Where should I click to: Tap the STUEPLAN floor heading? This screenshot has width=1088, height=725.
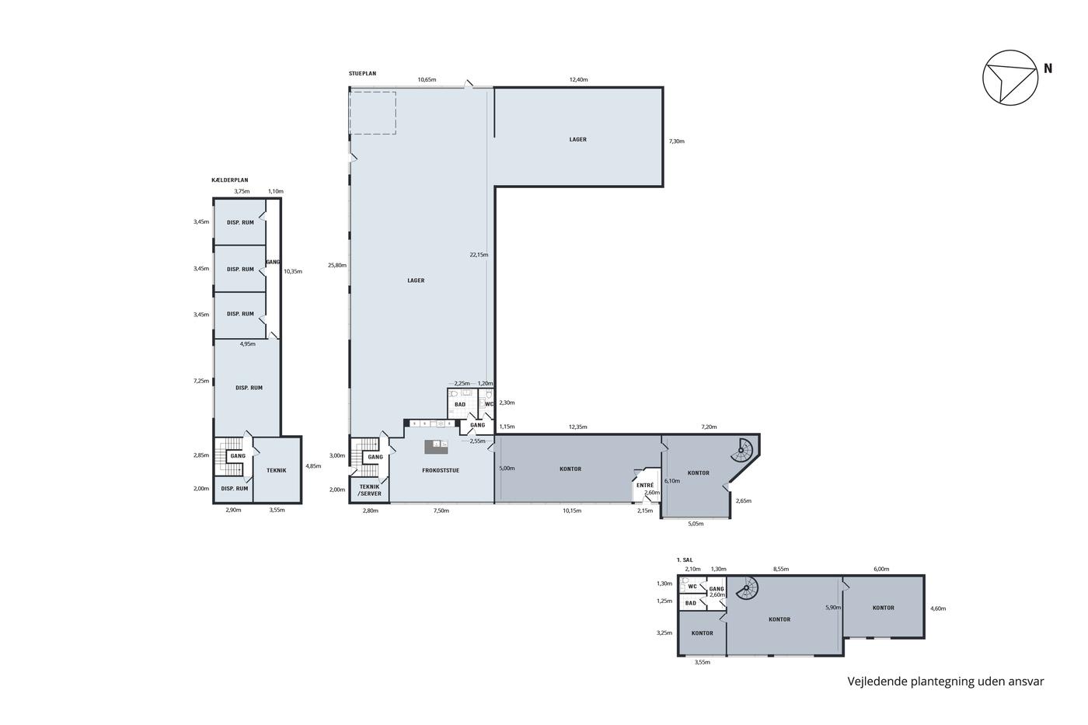coord(362,74)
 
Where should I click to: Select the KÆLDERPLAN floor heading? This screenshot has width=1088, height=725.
coord(230,180)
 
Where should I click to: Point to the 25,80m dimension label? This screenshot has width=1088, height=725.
coord(337,265)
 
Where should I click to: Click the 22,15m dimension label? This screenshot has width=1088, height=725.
coord(479,254)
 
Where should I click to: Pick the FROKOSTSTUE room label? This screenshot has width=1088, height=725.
coord(441,471)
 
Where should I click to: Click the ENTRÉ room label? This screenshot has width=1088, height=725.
coord(645,485)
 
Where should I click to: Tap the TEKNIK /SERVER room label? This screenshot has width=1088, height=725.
coord(370,490)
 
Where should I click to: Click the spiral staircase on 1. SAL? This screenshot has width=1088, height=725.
coord(747,588)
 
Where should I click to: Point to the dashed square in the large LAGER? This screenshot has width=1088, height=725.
coord(373,113)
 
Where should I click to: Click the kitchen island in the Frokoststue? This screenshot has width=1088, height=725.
coord(436,447)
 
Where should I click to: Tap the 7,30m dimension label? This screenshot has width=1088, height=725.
coord(677,141)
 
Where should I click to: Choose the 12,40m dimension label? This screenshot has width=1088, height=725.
coord(578,79)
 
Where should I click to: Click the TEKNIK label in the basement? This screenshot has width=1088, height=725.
coord(277,471)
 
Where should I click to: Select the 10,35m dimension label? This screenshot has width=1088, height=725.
coord(293,271)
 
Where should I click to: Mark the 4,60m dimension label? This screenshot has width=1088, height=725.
coord(938,608)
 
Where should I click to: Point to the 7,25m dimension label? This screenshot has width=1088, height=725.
coord(201,381)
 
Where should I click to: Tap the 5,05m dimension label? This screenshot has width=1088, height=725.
coord(696,524)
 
